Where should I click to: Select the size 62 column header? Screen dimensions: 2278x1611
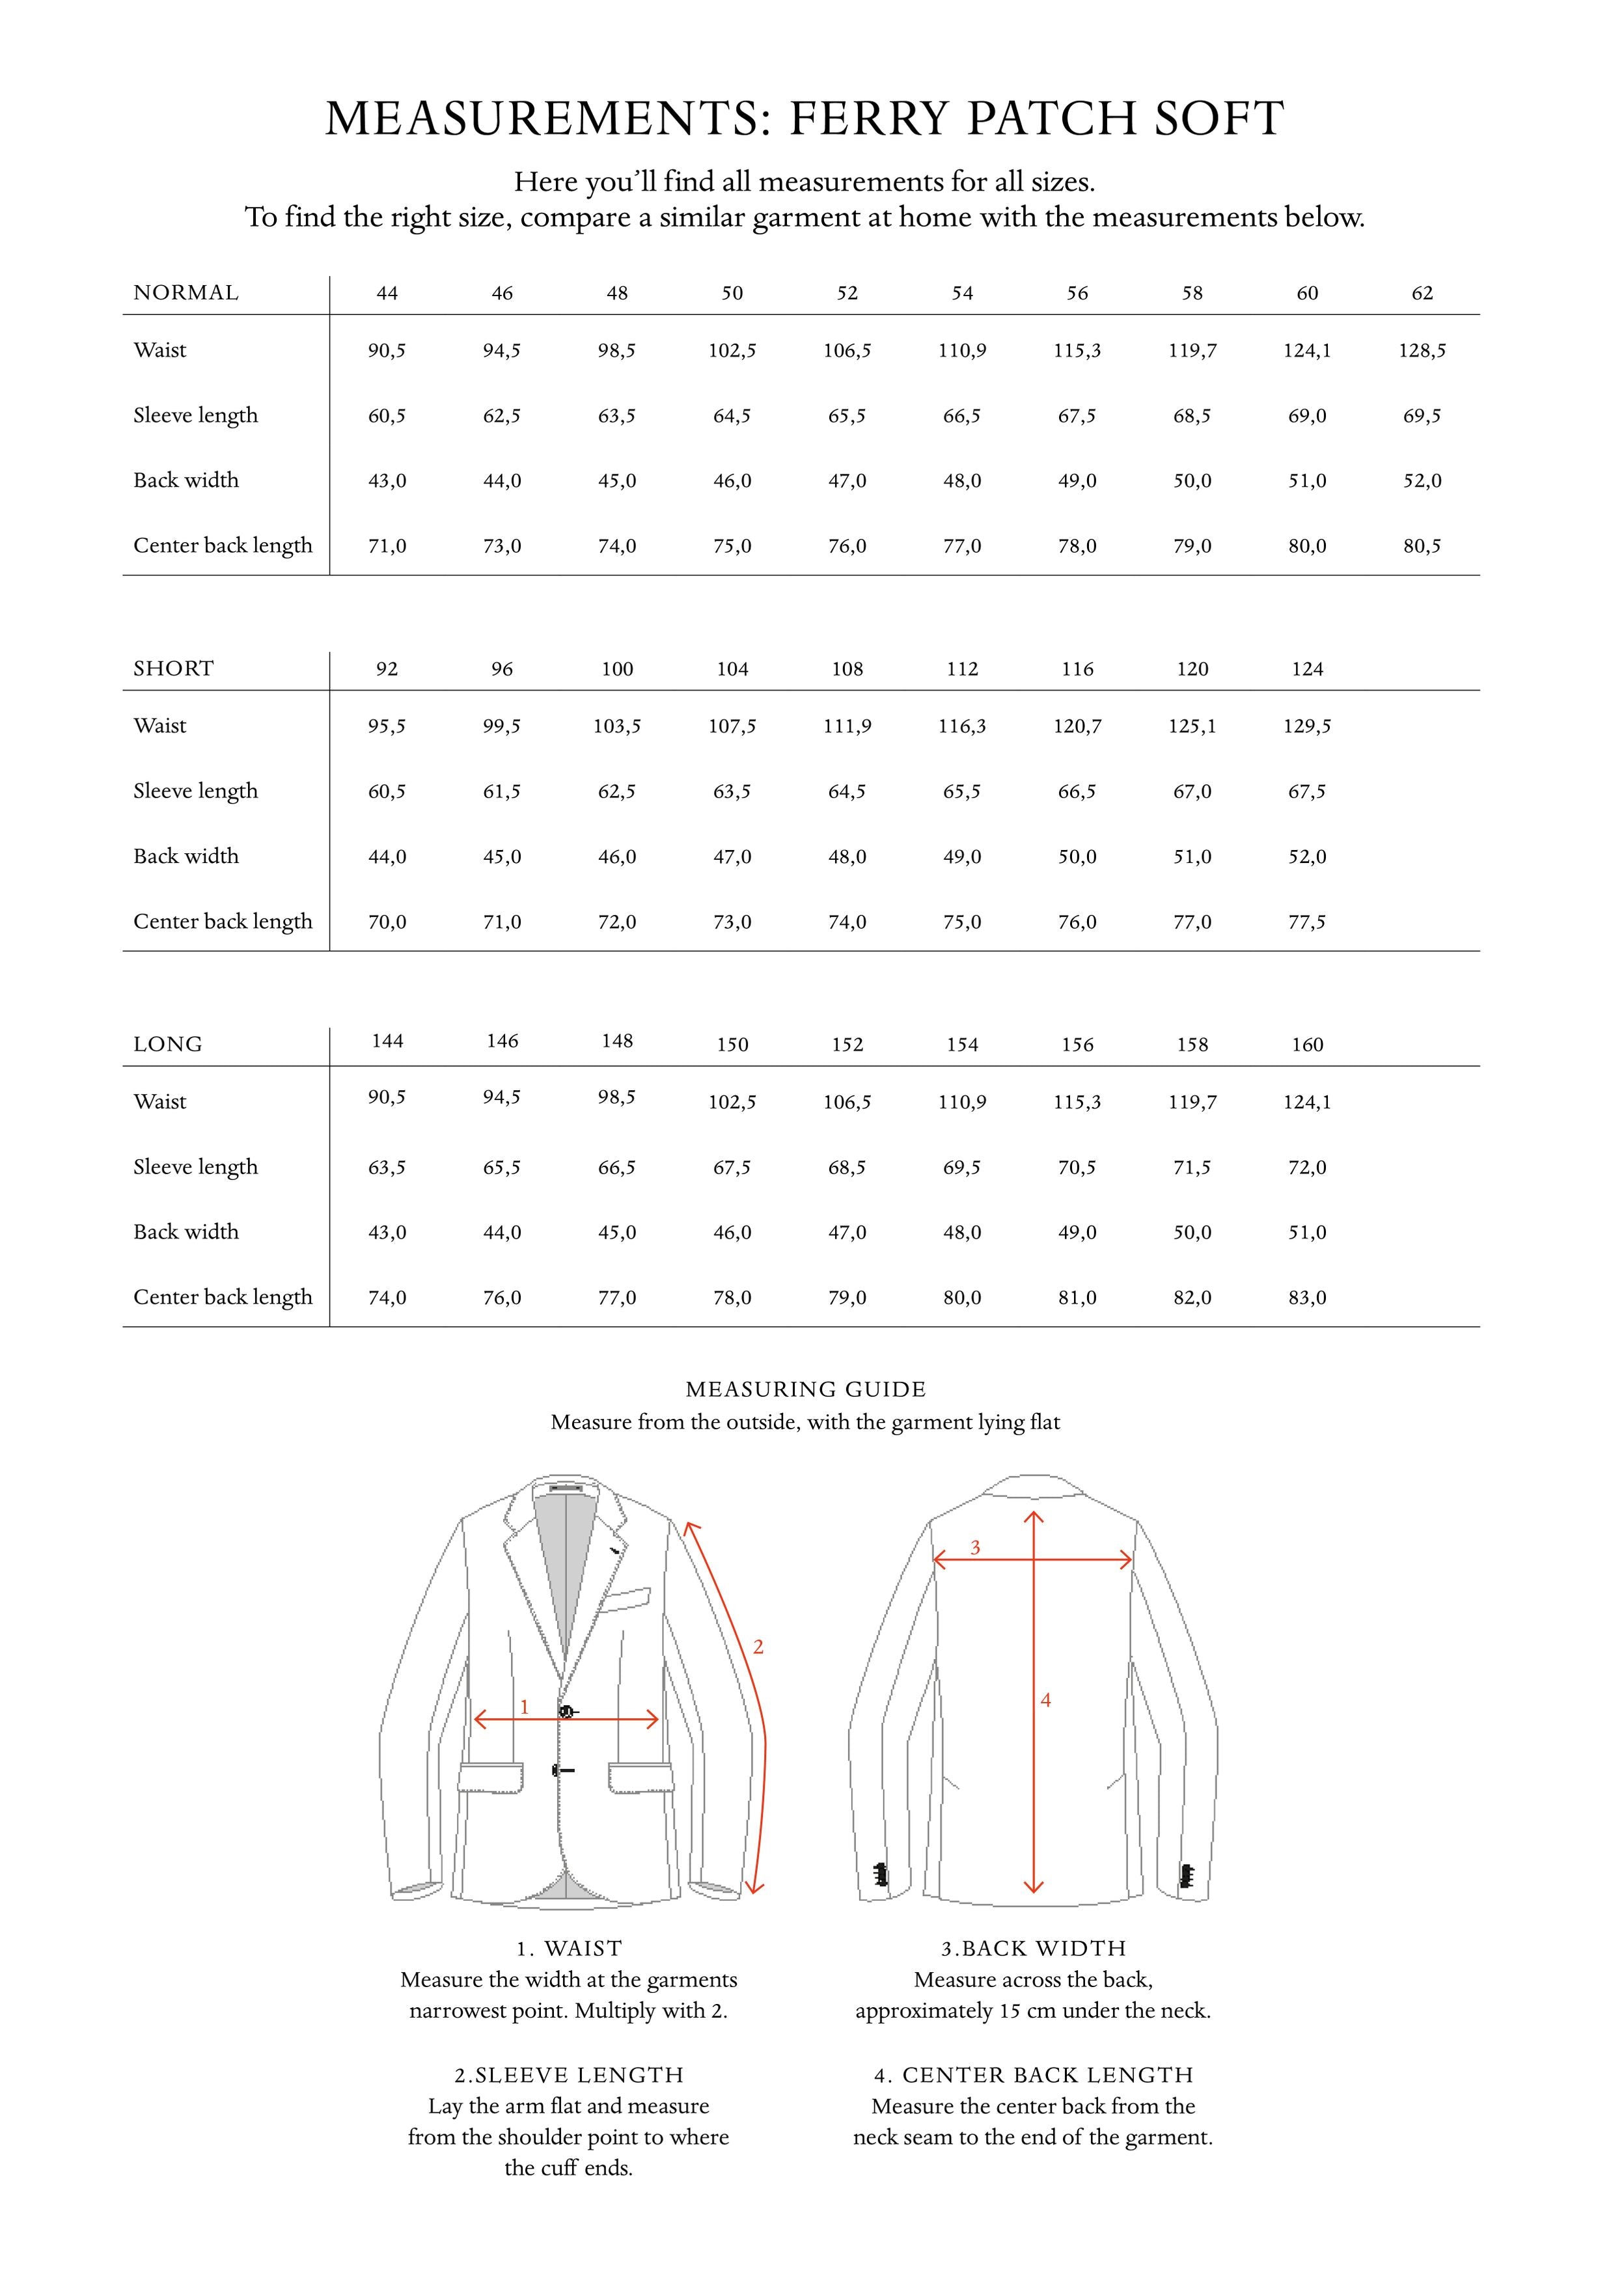coord(1422,293)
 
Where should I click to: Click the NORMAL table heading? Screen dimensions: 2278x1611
coord(186,293)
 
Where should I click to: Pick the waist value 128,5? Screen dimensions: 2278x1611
coord(1422,350)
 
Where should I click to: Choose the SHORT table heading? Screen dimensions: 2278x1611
coord(174,668)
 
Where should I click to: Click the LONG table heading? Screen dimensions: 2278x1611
coord(168,1044)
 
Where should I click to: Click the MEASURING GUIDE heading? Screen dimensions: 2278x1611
coord(806,1389)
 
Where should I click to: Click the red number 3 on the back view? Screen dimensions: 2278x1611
coord(975,1548)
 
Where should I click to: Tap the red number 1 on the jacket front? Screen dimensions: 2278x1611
coord(525,1707)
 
